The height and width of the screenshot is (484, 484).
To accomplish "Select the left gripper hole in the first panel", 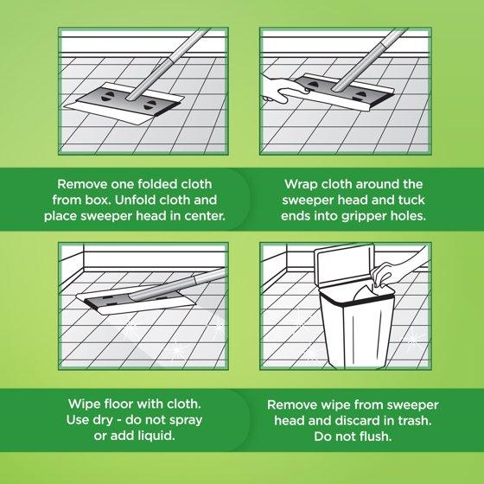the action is coord(105,96).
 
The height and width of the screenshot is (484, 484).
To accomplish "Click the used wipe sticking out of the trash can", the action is coord(366,293).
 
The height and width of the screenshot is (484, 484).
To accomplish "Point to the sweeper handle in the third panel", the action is coord(178,285).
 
